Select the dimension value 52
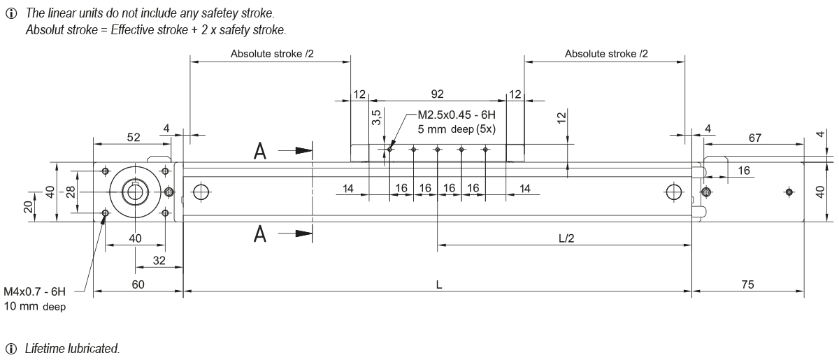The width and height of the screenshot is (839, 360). pos(133,138)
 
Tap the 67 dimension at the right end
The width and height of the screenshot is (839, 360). pos(754,138)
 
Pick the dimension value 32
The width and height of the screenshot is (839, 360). pos(159,260)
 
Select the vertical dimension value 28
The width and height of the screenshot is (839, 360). pos(71,192)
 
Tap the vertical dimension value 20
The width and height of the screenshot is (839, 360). pos(27,207)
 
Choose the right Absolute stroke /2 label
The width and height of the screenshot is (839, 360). pos(605,53)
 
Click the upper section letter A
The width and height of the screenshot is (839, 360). pos(259,150)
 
